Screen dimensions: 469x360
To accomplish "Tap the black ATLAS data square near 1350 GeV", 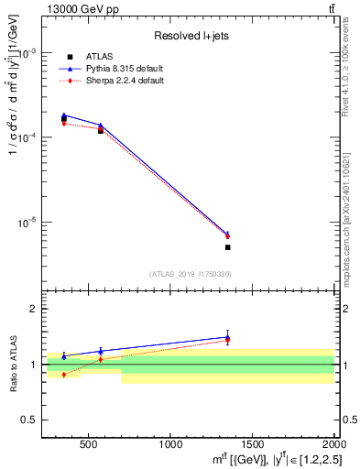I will [x=227, y=247].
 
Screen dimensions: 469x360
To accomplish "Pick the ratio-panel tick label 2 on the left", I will [x=32, y=310].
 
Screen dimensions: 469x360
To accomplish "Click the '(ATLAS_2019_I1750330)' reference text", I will [x=191, y=274].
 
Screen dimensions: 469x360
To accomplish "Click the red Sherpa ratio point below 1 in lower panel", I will [x=63, y=375].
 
